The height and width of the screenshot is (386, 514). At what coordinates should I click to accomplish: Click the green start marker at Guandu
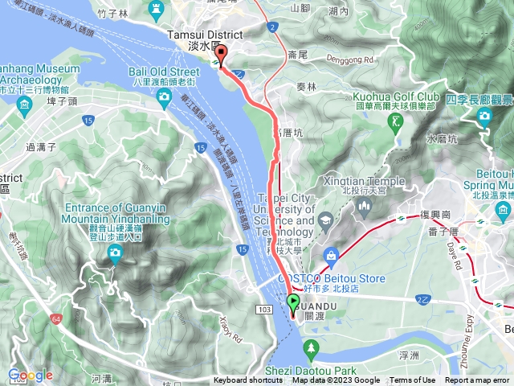point(292,303)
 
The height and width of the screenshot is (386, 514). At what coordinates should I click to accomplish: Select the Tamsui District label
point(202,35)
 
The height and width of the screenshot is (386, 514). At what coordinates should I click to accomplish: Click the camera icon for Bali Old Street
point(164,97)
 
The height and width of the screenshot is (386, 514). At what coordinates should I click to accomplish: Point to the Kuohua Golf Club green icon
point(394,121)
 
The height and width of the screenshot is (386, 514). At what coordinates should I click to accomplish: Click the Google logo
point(30,375)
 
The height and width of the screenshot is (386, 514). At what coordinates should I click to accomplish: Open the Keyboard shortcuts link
point(248,380)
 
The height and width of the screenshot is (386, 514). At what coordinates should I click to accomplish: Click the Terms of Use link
point(413,380)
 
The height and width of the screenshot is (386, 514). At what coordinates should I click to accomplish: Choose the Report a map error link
point(478,380)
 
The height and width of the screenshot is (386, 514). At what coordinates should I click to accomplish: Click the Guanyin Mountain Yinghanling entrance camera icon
point(115,254)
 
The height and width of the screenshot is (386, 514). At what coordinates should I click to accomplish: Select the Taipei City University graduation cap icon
point(325,220)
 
